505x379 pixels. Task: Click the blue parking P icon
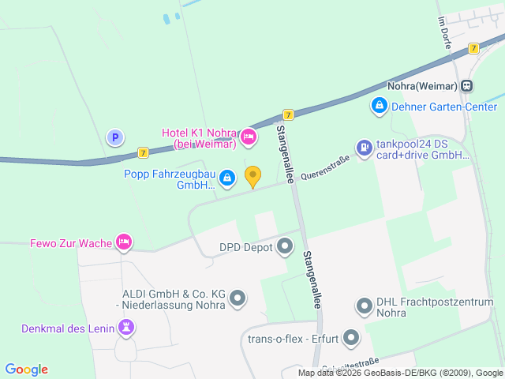[115, 137]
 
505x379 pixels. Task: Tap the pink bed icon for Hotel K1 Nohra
[248, 137]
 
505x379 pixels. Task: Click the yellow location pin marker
[252, 177]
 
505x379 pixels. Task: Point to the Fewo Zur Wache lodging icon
[123, 242]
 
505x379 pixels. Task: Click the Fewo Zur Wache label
[70, 242]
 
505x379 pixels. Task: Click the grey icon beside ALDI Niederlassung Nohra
[238, 298]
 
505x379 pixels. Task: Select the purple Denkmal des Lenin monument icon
[125, 327]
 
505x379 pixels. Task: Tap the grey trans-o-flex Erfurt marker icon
[351, 340]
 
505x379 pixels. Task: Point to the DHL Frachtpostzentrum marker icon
[364, 306]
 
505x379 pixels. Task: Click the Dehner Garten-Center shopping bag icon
[379, 104]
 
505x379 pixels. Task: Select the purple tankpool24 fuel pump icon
[363, 148]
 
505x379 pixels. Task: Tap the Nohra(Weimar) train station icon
[468, 85]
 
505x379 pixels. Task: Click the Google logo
[27, 370]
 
